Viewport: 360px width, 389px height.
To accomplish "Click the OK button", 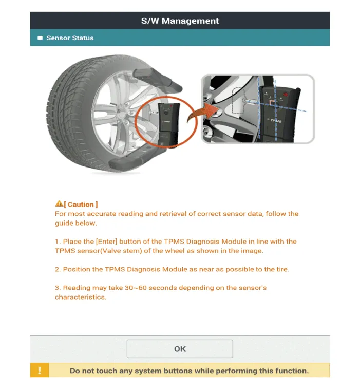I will tap(180, 349).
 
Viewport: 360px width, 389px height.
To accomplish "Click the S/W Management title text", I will tap(180, 21).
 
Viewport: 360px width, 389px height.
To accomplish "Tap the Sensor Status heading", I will tap(70, 38).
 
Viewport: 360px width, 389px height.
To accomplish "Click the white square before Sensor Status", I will tap(40, 38).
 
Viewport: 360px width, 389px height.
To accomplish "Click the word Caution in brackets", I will tap(81, 205).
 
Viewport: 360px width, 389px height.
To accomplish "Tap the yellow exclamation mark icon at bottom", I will tap(40, 371).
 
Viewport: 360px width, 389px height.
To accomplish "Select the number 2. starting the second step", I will tap(58, 269).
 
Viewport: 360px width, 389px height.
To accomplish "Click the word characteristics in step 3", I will tap(81, 297).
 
